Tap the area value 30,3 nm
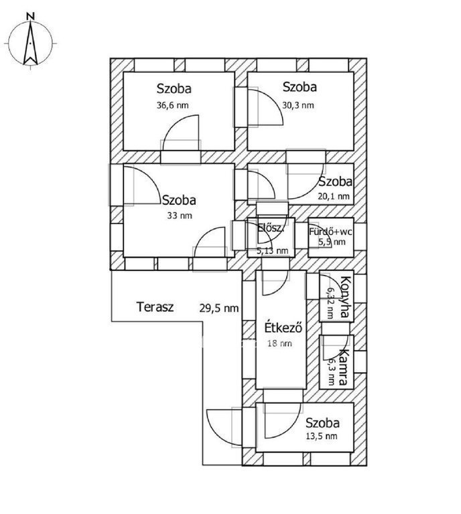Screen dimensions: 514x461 tap(298, 105)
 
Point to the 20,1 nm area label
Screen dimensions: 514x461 tap(334, 196)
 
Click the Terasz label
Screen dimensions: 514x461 tap(155, 308)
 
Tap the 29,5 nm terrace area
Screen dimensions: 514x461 tap(219, 309)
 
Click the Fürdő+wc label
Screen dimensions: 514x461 tap(330, 232)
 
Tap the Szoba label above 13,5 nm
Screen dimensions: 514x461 tap(322, 423)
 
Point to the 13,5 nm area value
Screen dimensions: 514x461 tap(322, 436)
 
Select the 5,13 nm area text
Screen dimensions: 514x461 tap(272, 251)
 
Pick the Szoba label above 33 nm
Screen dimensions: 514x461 tap(179, 199)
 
